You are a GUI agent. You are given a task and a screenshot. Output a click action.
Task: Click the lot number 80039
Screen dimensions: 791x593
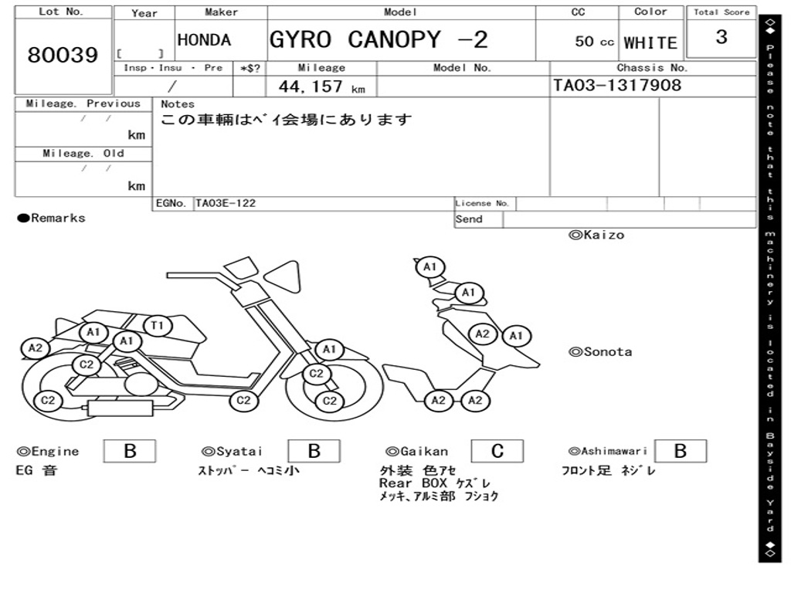pyautogui.click(x=63, y=56)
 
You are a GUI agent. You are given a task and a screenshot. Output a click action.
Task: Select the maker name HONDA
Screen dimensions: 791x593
pyautogui.click(x=204, y=40)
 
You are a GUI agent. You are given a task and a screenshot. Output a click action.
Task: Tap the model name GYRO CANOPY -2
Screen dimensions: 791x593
pyautogui.click(x=379, y=39)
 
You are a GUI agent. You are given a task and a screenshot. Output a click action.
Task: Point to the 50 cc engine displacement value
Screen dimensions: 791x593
pyautogui.click(x=594, y=42)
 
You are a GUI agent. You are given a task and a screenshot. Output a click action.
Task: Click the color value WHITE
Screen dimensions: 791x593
pyautogui.click(x=650, y=42)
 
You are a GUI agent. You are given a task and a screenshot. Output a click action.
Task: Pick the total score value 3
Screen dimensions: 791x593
pyautogui.click(x=721, y=37)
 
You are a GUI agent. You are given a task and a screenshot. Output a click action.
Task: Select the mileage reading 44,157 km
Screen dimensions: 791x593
pyautogui.click(x=321, y=86)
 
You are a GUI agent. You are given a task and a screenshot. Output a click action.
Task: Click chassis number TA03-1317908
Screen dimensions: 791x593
pyautogui.click(x=617, y=85)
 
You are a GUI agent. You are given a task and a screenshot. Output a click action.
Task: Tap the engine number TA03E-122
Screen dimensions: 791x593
pyautogui.click(x=226, y=204)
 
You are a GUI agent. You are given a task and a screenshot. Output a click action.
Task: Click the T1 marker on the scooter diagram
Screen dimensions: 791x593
pyautogui.click(x=157, y=326)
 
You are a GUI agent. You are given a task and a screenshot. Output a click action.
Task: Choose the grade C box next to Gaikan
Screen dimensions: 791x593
pyautogui.click(x=497, y=451)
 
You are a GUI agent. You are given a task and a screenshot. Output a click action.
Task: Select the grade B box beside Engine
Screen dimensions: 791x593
pyautogui.click(x=129, y=451)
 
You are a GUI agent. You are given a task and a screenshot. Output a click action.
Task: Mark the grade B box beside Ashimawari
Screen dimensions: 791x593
pyautogui.click(x=680, y=451)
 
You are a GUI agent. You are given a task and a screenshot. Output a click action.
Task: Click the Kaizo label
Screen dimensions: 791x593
pyautogui.click(x=596, y=235)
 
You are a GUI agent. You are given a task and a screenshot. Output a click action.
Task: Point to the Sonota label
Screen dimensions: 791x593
pyautogui.click(x=600, y=352)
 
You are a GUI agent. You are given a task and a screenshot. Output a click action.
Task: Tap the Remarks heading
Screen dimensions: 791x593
pyautogui.click(x=52, y=219)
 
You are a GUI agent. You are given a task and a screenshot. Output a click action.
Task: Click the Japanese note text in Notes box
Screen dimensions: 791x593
pyautogui.click(x=287, y=120)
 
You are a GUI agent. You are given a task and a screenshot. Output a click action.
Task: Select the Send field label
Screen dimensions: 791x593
pyautogui.click(x=469, y=219)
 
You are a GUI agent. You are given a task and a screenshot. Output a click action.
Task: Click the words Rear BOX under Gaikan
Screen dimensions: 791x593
pyautogui.click(x=413, y=483)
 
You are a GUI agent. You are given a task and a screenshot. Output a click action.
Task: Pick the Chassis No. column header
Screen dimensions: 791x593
pyautogui.click(x=652, y=68)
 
